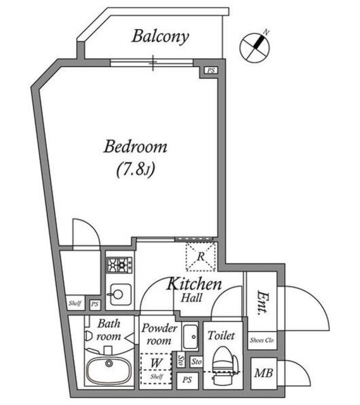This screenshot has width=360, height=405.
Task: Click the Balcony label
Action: tap(160, 37)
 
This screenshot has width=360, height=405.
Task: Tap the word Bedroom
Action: tap(135, 148)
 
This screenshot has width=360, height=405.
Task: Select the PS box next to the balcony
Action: tap(211, 70)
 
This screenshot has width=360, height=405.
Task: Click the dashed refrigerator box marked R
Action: tap(200, 256)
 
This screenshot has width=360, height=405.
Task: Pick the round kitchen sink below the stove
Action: tap(118, 293)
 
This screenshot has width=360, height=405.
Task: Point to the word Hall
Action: tap(192, 297)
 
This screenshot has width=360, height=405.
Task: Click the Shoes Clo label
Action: tap(260, 339)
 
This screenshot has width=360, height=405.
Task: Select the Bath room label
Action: tap(108, 330)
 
